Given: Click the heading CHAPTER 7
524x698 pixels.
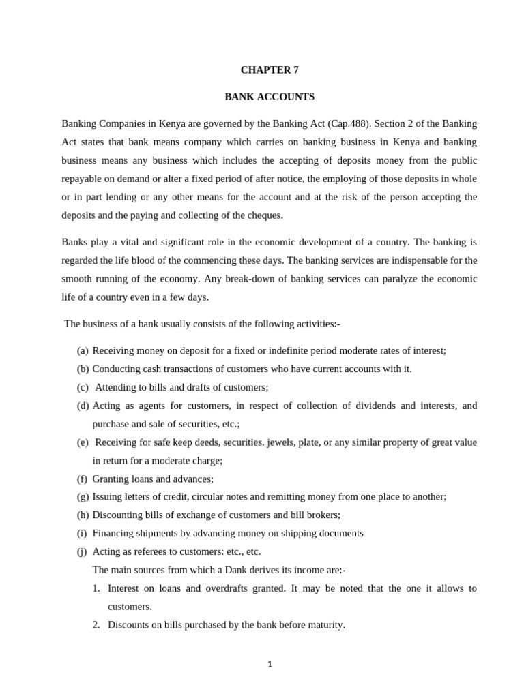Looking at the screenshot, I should click(x=270, y=70).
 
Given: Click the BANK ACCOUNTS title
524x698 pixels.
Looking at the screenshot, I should click(x=270, y=97).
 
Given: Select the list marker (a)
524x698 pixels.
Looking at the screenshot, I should click(x=83, y=350).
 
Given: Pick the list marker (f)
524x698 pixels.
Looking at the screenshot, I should click(x=82, y=479).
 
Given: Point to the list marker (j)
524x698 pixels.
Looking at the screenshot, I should click(x=83, y=551).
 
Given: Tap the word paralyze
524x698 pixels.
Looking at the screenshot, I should click(x=402, y=279).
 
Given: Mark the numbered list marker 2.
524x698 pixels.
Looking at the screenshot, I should click(x=96, y=624).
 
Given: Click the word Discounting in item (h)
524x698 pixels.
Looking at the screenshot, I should click(x=117, y=515).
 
